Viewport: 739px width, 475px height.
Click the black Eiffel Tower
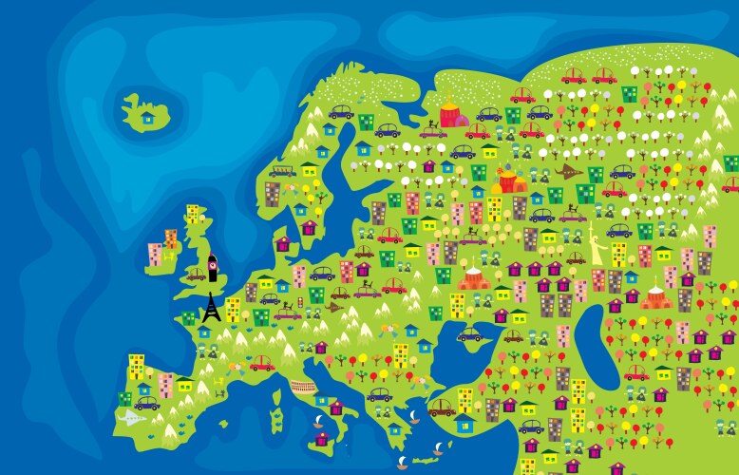point(211,306)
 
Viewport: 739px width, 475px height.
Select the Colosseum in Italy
point(301,387)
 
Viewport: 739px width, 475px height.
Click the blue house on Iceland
point(147,118)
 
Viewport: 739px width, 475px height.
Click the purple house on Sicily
point(322,438)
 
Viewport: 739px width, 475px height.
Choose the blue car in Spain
point(147,404)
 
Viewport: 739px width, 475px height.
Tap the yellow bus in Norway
point(281,172)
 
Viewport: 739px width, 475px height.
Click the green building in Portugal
point(124,398)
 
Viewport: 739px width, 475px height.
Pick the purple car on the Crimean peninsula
point(473,334)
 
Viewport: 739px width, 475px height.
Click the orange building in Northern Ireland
point(171,237)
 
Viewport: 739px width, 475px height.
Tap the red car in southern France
point(261,363)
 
